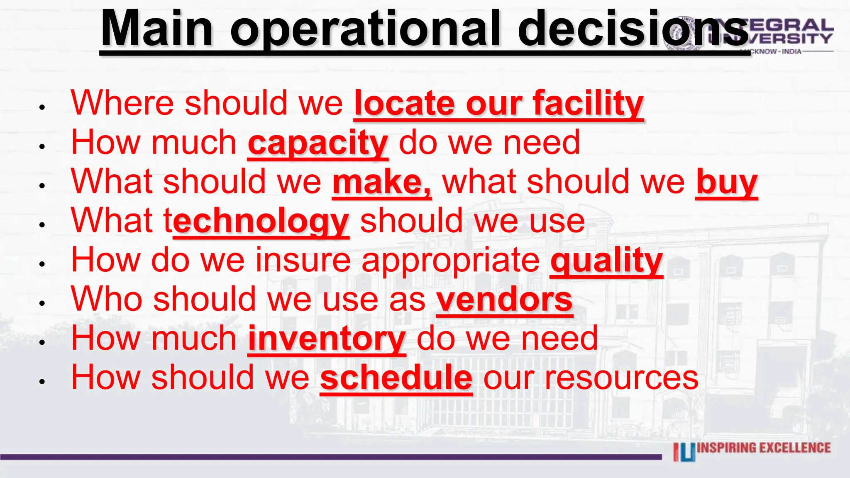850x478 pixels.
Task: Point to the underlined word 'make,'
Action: [x=381, y=183]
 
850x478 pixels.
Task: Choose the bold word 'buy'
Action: [x=727, y=183]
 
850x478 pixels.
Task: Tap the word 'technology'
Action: [x=261, y=222]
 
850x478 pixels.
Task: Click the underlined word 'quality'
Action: [x=606, y=261]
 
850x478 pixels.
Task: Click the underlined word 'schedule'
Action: [x=396, y=378]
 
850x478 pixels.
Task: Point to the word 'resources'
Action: [x=622, y=378]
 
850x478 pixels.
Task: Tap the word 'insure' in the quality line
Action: [x=303, y=261]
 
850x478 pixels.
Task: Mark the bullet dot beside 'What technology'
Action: [x=42, y=225]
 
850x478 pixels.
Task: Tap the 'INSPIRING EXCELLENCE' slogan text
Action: [x=764, y=448]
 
